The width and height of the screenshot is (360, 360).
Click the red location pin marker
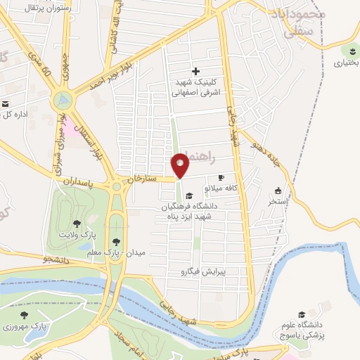tap(181, 165)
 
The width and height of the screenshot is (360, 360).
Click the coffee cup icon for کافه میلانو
tap(222, 178)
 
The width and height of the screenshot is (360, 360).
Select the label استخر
tap(278, 201)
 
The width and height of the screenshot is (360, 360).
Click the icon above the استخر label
tap(278, 191)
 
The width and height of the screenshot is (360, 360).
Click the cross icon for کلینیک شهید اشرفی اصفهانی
tap(195, 71)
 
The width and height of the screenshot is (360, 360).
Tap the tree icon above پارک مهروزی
tap(25, 316)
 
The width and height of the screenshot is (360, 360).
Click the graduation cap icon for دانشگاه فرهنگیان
tap(189, 196)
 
